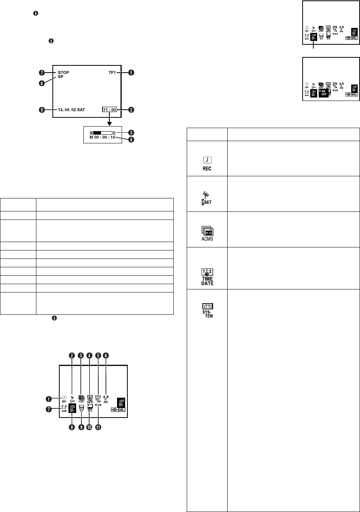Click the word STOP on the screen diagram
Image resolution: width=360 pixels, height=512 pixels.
(63, 72)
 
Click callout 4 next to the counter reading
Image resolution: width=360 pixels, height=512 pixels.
(132, 139)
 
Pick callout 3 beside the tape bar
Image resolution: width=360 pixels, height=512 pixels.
(132, 132)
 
